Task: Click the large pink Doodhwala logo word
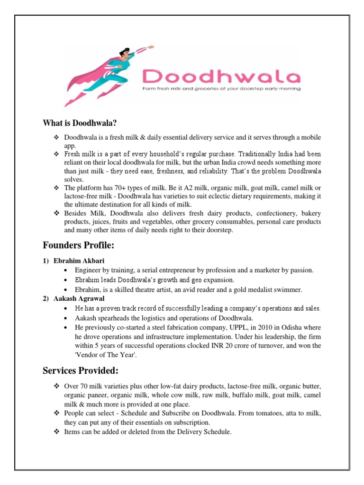point(222,76)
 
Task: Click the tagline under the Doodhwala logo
point(222,89)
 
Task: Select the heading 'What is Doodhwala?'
point(79,124)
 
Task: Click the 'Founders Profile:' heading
point(79,245)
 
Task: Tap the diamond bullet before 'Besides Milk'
point(55,214)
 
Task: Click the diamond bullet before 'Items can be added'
point(55,431)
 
